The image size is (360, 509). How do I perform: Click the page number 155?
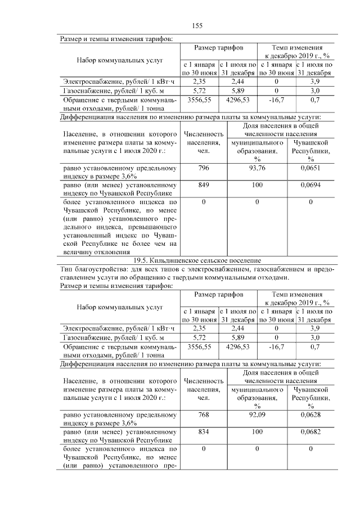(197, 25)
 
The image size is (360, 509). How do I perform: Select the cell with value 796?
(204, 168)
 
